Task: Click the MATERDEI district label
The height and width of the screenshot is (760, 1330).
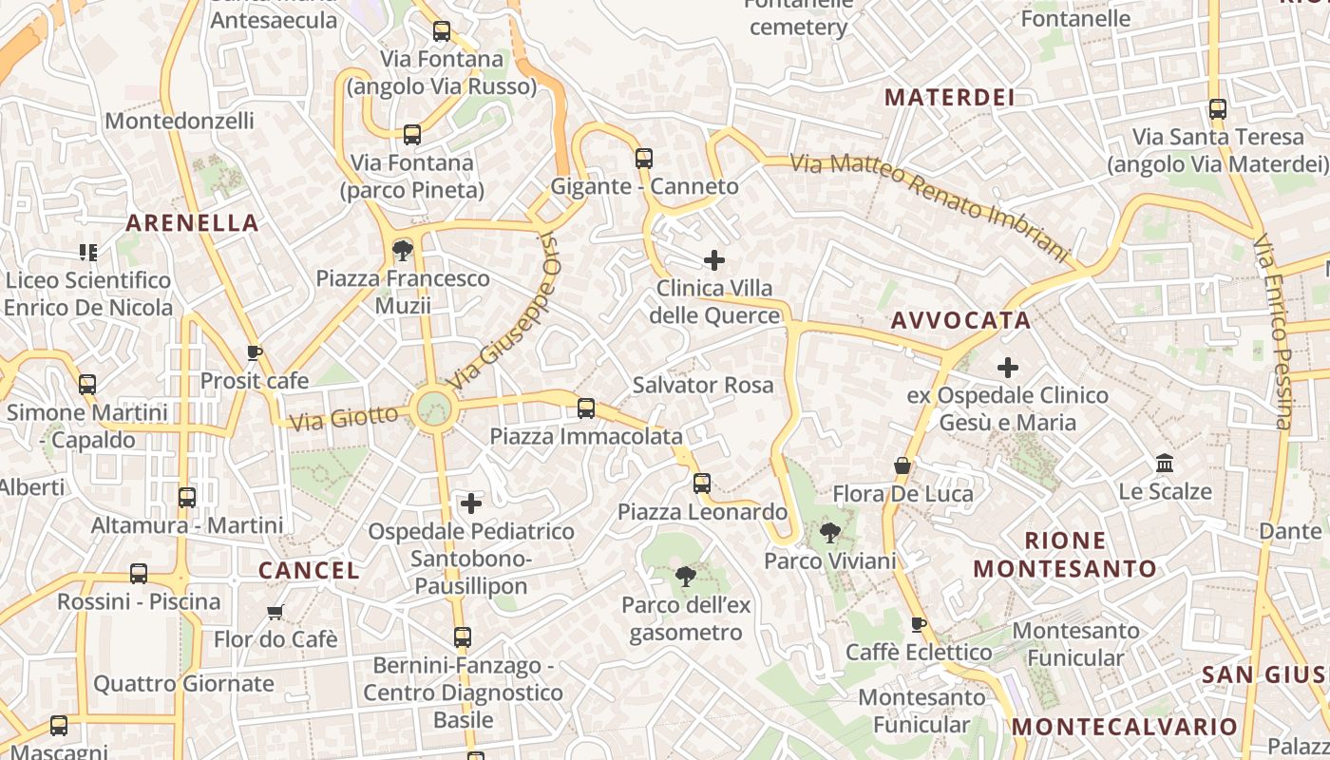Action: pos(949,97)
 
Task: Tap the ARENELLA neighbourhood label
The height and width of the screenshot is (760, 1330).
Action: pos(192,223)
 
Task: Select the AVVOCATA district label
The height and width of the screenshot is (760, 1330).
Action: pos(960,320)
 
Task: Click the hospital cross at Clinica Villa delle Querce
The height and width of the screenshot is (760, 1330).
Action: pos(714,259)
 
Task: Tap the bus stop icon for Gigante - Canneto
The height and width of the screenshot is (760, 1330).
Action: pos(644,159)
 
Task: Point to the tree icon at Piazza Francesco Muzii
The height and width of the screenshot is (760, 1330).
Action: pos(403,251)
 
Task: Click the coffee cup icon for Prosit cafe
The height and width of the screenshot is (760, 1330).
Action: pos(254,353)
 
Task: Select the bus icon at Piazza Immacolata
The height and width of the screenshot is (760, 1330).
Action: pos(586,408)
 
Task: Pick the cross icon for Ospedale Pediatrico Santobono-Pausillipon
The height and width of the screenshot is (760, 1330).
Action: pos(471,503)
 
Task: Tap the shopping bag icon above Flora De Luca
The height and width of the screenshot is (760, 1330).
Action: pos(902,465)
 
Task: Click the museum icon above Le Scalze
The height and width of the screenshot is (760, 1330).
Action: pos(1165,464)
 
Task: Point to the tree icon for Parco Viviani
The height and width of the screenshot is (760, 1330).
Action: pos(830,533)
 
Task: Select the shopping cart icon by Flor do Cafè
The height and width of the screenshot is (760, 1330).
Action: pos(275,612)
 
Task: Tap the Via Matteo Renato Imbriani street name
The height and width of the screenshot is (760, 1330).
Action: pos(930,204)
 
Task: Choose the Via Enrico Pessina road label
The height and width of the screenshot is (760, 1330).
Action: pos(1273,332)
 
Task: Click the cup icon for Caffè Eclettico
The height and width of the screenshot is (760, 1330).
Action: pos(919,624)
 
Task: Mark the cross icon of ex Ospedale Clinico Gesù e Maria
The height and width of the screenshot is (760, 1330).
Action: pos(1008,367)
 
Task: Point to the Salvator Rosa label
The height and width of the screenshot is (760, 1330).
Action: pos(703,385)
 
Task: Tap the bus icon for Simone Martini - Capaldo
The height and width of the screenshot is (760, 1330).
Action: pos(87,385)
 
